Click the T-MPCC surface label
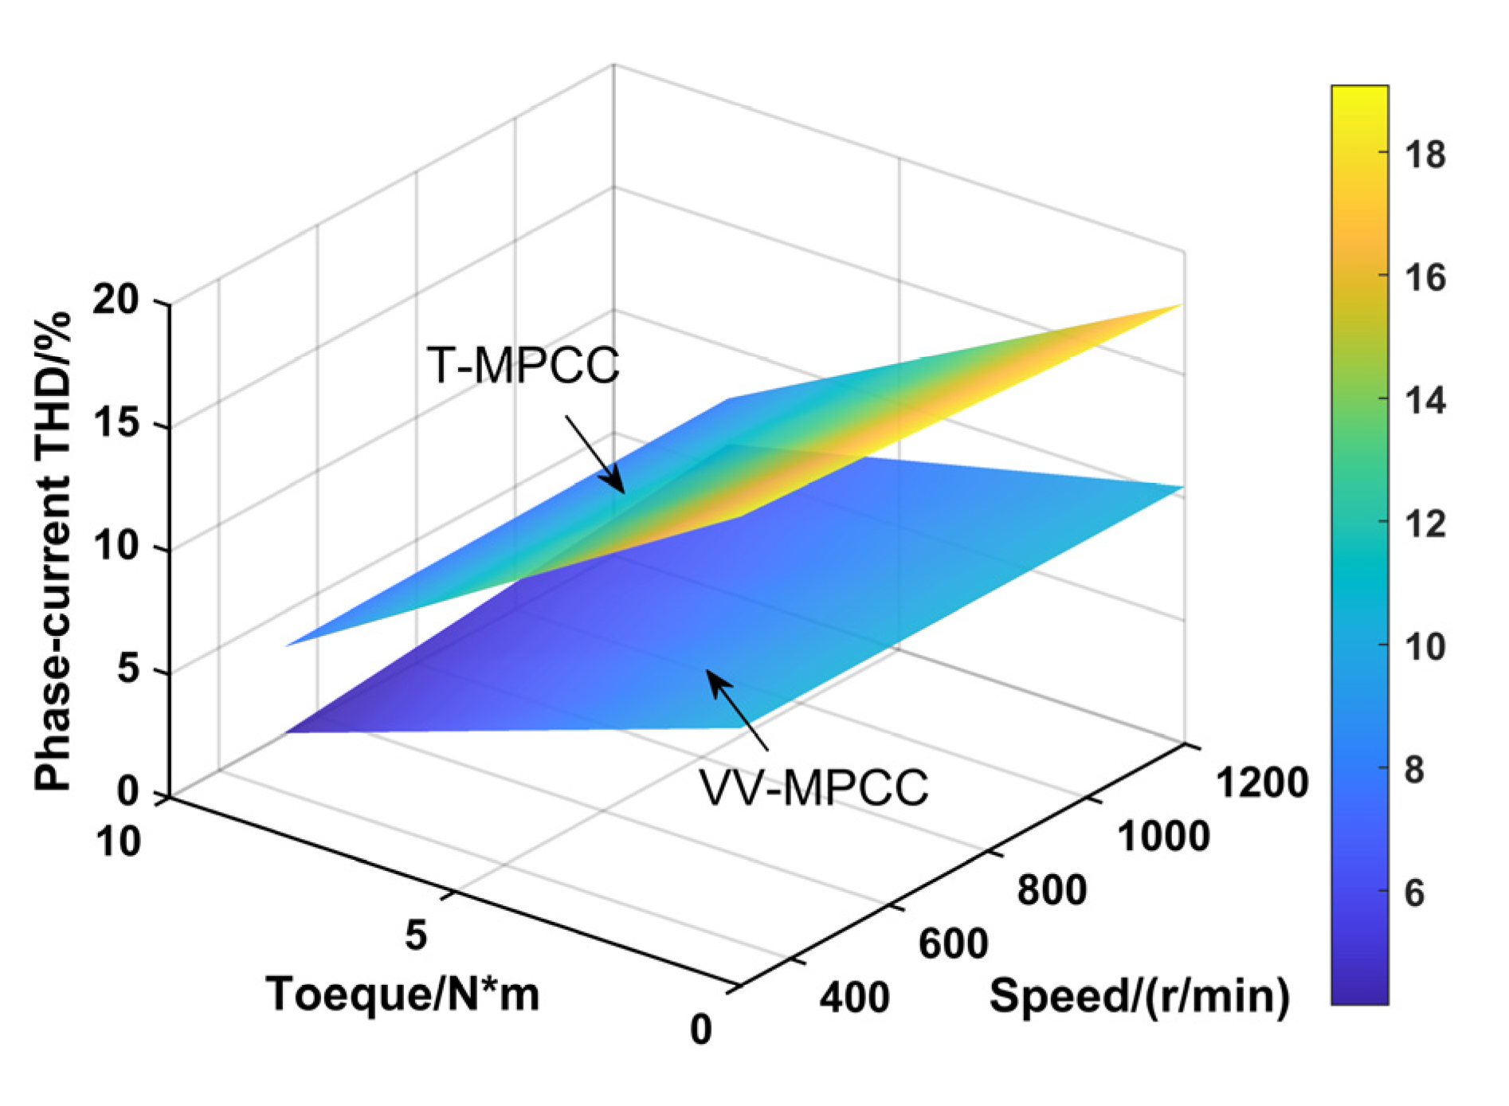click(x=523, y=366)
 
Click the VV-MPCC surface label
click(x=813, y=788)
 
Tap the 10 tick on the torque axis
click(x=119, y=841)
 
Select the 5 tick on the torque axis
click(x=415, y=934)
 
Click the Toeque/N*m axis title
click(x=402, y=994)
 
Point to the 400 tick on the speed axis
click(x=854, y=997)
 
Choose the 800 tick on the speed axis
click(x=1052, y=889)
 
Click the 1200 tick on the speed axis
click(x=1261, y=782)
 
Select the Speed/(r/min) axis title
click(x=1139, y=995)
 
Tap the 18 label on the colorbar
click(x=1425, y=155)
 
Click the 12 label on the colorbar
click(x=1425, y=524)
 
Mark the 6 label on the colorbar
click(x=1414, y=892)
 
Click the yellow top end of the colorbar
click(x=1359, y=94)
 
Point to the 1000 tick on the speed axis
click(x=1163, y=837)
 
